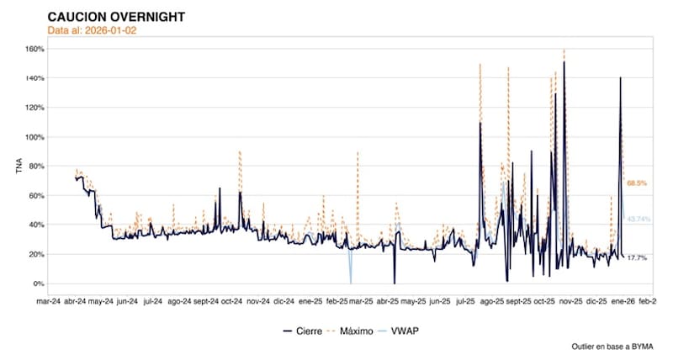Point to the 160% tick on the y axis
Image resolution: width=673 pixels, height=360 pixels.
tap(33, 48)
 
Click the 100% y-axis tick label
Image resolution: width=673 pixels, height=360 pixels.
tap(33, 136)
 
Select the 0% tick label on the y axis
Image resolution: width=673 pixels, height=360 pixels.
tap(38, 283)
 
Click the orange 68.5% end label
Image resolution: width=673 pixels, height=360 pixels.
tap(636, 183)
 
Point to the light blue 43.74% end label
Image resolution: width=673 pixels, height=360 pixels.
tap(639, 219)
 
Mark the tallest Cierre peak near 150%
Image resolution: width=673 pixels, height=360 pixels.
tap(564, 62)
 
